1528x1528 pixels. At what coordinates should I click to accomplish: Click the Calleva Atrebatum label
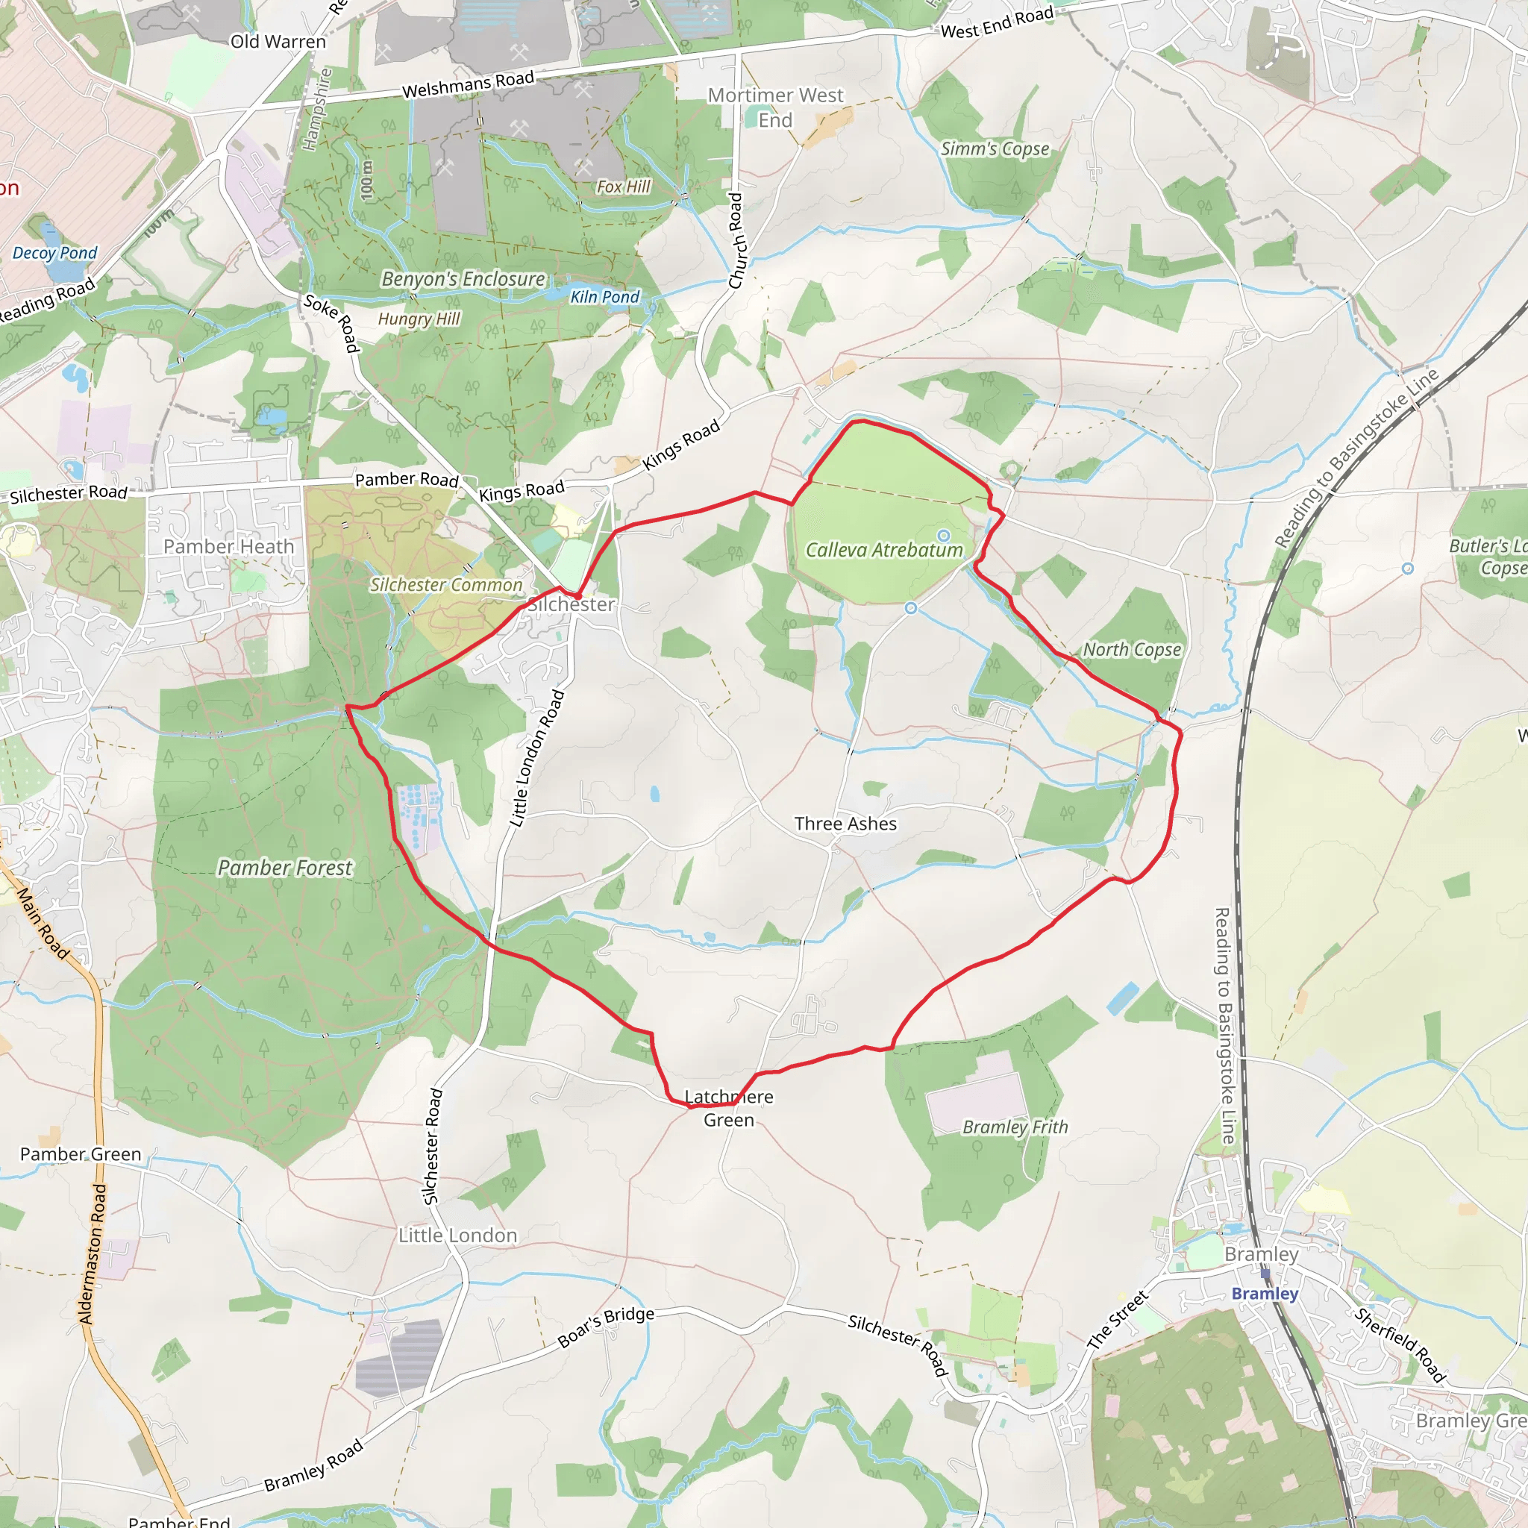[883, 550]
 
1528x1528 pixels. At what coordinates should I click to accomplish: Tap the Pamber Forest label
[285, 868]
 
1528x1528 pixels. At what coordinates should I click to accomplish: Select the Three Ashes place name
[845, 824]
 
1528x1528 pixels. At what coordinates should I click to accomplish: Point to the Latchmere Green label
[728, 1108]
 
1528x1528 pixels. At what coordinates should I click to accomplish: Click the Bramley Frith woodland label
[1015, 1127]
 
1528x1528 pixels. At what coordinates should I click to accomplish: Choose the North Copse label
[1132, 649]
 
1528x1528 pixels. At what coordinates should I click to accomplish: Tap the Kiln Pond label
[605, 297]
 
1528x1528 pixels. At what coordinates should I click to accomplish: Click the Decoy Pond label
[54, 253]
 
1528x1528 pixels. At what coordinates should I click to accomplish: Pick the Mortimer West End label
[775, 107]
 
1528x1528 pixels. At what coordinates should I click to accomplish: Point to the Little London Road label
[537, 759]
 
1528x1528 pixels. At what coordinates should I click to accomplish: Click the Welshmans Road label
[469, 84]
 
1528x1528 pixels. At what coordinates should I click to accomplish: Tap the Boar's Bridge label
[606, 1327]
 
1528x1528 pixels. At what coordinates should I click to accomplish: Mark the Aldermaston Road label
[92, 1253]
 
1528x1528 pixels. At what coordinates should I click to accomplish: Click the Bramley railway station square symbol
[1265, 1273]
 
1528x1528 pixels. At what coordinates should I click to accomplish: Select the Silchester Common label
[446, 585]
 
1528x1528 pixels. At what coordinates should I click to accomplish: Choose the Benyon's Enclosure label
[463, 279]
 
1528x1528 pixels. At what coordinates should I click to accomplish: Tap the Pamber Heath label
[228, 546]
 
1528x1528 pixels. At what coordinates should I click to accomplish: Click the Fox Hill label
[623, 187]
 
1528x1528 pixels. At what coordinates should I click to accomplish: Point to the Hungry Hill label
[419, 319]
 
